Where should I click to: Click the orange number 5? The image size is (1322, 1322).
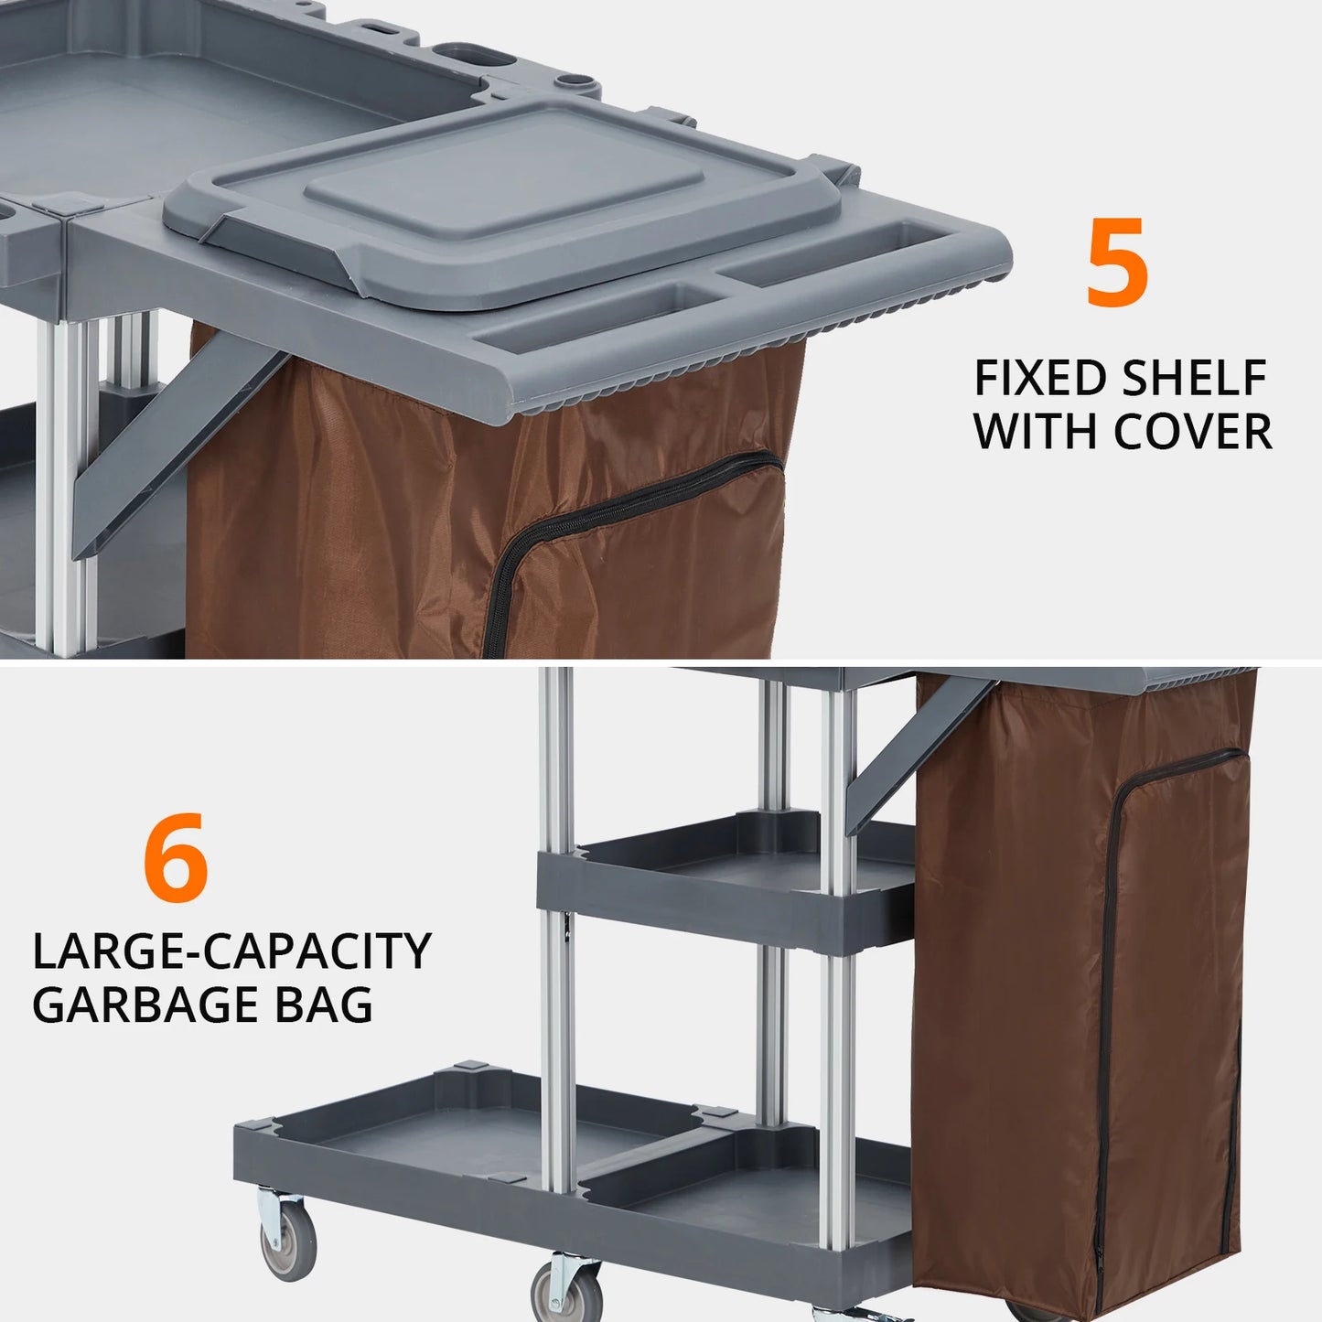point(1117,263)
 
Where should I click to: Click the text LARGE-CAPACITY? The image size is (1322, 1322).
point(231,951)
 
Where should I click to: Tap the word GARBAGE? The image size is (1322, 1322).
point(141,1005)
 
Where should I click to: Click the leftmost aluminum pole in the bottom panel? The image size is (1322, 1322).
point(556,915)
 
